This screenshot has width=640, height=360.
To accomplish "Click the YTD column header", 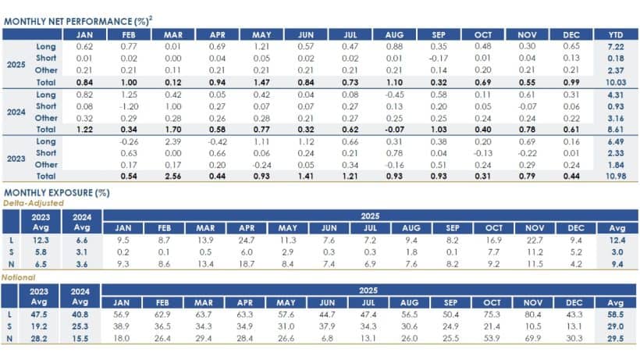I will pyautogui.click(x=615, y=35).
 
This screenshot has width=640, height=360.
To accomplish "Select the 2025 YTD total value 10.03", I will pyautogui.click(x=615, y=82).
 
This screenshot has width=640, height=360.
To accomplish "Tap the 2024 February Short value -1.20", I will pyautogui.click(x=129, y=105).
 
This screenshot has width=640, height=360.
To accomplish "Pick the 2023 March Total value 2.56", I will pyautogui.click(x=173, y=176).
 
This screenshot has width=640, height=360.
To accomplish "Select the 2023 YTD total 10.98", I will pyautogui.click(x=615, y=176).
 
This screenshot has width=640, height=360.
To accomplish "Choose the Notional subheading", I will pyautogui.click(x=18, y=276).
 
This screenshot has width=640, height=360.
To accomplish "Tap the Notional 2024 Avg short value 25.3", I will pyautogui.click(x=82, y=326).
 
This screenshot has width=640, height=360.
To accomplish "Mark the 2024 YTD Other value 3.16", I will pyautogui.click(x=615, y=117).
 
